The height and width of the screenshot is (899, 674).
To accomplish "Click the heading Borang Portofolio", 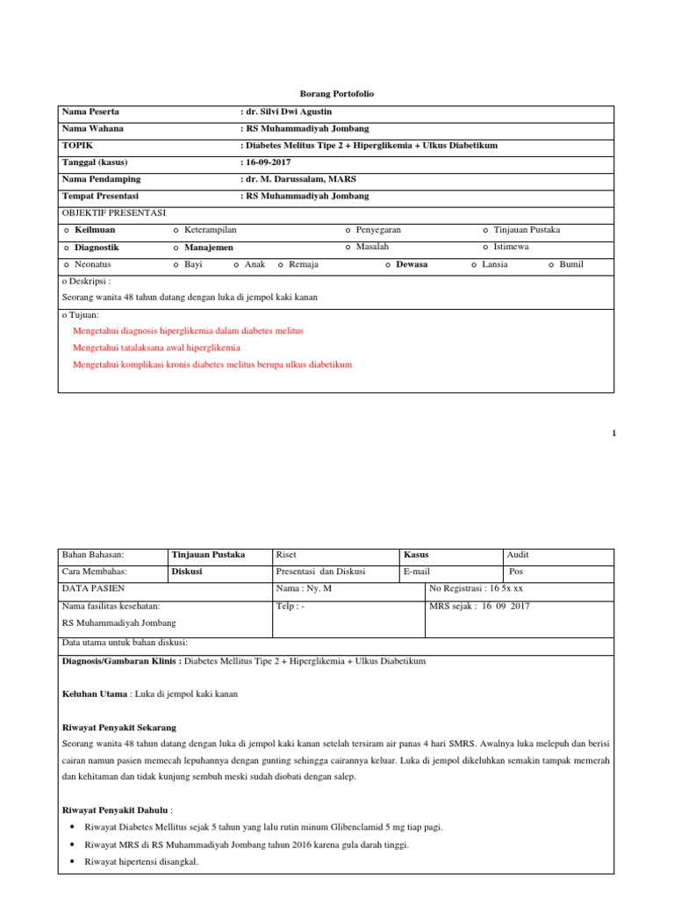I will (x=337, y=93).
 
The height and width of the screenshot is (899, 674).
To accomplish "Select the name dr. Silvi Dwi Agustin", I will (x=287, y=112).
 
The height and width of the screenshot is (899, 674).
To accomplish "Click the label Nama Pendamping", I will (x=101, y=179).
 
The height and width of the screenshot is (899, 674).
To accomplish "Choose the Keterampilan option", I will (x=210, y=230).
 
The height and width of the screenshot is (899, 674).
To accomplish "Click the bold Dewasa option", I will (x=412, y=264).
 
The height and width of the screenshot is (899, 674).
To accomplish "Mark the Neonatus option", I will (x=92, y=264).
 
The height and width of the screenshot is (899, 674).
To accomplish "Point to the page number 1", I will (x=614, y=433).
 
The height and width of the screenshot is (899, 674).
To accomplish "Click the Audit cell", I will (x=519, y=555).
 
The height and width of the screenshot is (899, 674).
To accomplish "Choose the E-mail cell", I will (x=416, y=572).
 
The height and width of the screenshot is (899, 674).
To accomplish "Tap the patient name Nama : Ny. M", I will (x=304, y=588).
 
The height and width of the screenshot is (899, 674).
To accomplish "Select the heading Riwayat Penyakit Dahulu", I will (x=117, y=809).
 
